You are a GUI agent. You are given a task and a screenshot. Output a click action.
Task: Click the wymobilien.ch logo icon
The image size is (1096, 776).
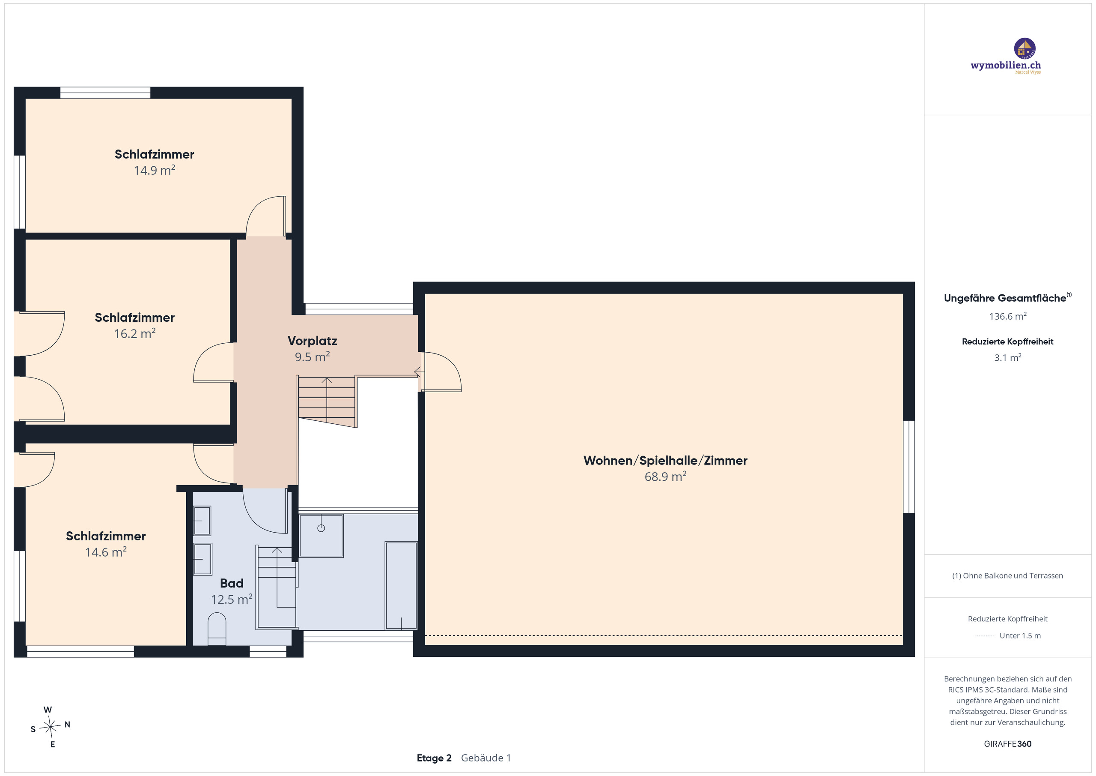(1025, 49)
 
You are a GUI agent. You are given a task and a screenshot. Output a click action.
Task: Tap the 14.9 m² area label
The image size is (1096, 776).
(154, 171)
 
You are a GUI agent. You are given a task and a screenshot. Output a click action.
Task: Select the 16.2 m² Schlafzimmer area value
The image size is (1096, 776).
(134, 333)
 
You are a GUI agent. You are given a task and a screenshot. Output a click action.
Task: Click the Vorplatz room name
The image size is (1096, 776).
(312, 341)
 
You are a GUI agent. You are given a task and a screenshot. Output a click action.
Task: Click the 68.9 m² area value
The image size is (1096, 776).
(665, 476)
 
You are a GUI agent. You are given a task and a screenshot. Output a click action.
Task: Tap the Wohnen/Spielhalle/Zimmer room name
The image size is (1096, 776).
(665, 461)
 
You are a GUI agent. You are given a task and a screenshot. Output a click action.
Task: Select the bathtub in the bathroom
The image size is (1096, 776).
(401, 585)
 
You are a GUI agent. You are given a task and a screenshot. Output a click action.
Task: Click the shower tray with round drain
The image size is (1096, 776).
(321, 536)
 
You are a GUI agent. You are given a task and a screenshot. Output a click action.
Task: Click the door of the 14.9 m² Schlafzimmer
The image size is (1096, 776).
(266, 216)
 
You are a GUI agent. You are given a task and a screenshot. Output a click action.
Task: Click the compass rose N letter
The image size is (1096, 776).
(67, 725)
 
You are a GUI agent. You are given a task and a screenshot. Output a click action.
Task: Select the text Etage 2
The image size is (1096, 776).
(434, 758)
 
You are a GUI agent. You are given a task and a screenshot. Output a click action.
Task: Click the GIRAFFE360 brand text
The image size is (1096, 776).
(1008, 744)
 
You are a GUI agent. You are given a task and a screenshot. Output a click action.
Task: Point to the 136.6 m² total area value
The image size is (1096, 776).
(1008, 316)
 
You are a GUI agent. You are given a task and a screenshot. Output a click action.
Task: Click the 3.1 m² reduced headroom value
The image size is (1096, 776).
(1008, 357)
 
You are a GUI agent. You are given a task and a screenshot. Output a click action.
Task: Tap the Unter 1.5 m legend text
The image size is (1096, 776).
(1020, 635)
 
